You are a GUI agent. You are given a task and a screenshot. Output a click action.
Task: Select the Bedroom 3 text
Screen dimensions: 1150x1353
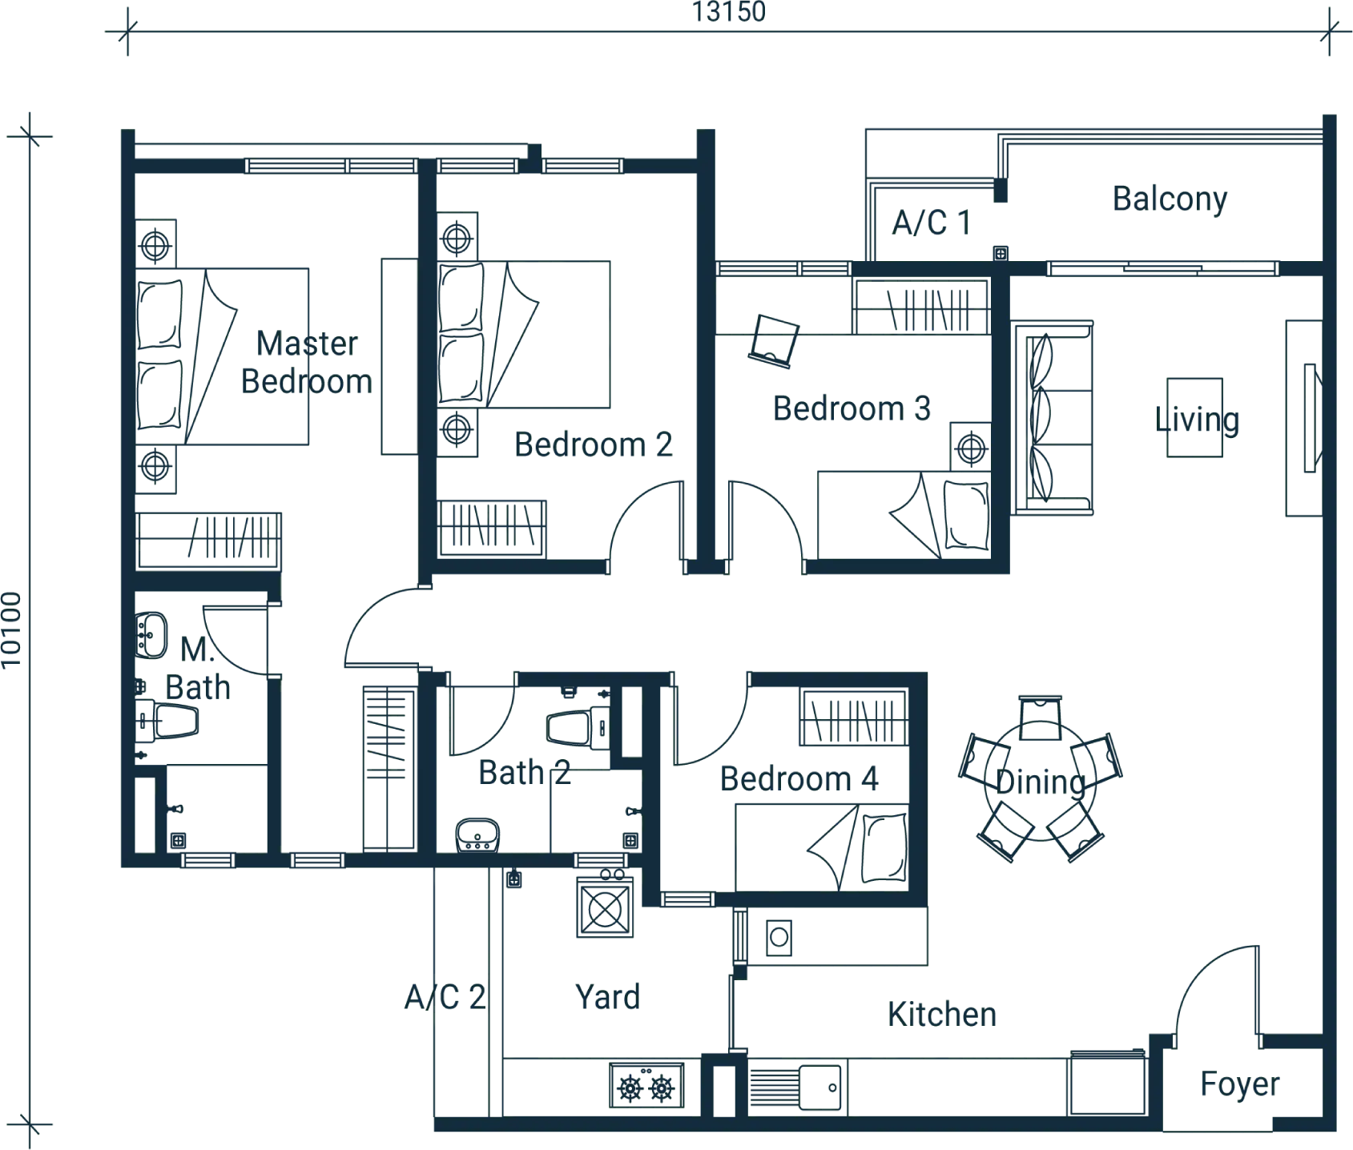(x=851, y=408)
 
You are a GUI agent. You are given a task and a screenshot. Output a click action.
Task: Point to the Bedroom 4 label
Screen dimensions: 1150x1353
(x=799, y=778)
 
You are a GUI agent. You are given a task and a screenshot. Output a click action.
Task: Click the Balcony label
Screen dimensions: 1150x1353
(x=1168, y=197)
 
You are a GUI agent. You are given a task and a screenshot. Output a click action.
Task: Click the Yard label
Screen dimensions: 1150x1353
(x=606, y=998)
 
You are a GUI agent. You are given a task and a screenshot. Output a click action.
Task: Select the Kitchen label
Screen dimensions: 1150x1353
(x=941, y=1017)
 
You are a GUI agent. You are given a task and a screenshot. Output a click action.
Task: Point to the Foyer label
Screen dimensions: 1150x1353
(x=1238, y=1088)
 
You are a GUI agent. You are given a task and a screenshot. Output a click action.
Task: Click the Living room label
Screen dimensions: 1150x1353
(x=1197, y=420)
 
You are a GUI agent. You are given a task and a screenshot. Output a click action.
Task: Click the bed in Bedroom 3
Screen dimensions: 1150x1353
(x=897, y=513)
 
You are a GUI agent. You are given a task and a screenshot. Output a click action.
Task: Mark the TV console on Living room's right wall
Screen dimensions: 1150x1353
(x=1303, y=416)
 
